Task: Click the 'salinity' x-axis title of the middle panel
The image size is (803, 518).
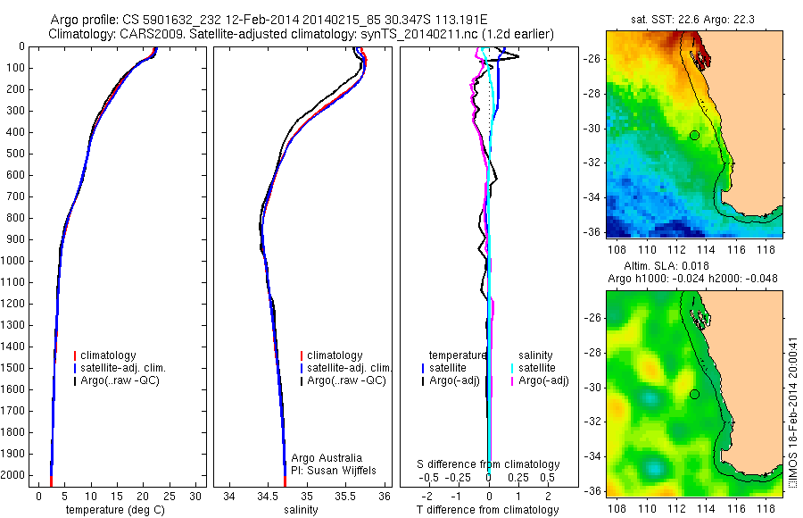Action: click(300, 510)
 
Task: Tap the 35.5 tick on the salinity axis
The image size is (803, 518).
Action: click(346, 497)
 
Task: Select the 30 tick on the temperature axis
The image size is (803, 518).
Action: click(195, 497)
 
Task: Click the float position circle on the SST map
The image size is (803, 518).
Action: click(694, 135)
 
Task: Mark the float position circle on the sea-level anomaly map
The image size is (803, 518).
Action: click(694, 394)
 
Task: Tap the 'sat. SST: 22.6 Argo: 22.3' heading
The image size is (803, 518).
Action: click(693, 18)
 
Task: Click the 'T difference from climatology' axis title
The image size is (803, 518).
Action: click(488, 510)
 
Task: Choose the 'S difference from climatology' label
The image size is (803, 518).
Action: click(488, 464)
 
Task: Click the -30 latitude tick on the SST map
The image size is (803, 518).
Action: click(592, 128)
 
